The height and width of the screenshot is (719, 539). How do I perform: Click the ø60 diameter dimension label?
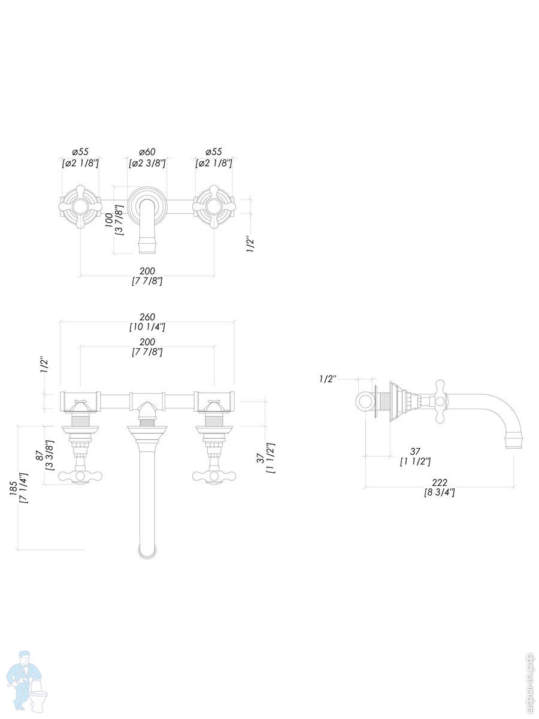tap(147, 152)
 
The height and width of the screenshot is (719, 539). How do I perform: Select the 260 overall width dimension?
tap(147, 317)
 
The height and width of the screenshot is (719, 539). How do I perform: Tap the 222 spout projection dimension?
tap(439, 482)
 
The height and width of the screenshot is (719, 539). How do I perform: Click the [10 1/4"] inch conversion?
tap(147, 327)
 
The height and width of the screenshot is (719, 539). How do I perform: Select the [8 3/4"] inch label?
tap(439, 493)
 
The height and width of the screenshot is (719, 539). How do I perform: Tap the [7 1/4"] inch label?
tap(24, 488)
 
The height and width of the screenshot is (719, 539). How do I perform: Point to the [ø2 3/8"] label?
tap(147, 163)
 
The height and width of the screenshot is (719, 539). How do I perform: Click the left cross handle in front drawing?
tap(80, 476)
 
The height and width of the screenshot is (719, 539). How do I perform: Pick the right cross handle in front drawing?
tap(214, 476)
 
